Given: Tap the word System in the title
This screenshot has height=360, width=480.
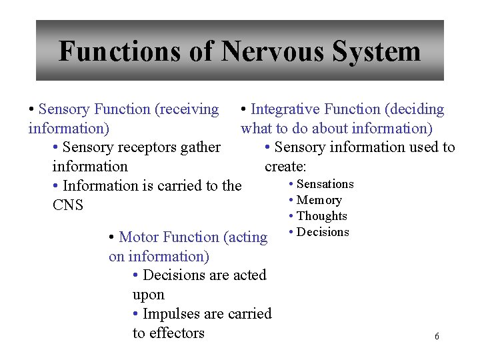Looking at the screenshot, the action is [x=378, y=51].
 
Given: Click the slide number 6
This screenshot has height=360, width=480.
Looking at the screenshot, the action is [x=437, y=337].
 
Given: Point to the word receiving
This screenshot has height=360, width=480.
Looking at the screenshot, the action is [x=189, y=109].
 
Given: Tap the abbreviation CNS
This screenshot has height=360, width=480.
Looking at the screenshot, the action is [x=67, y=205].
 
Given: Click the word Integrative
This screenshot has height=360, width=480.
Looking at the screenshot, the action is [x=285, y=109].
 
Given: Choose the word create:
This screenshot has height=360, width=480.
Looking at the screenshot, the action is [x=285, y=166].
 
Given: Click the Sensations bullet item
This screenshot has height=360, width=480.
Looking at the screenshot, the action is [x=325, y=184].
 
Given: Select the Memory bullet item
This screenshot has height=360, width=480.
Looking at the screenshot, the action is [x=319, y=200].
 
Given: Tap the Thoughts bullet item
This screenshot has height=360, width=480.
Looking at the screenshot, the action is [x=321, y=216].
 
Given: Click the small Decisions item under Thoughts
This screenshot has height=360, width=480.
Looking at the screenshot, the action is [x=323, y=232].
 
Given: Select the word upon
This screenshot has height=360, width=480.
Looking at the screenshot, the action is [x=148, y=295].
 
